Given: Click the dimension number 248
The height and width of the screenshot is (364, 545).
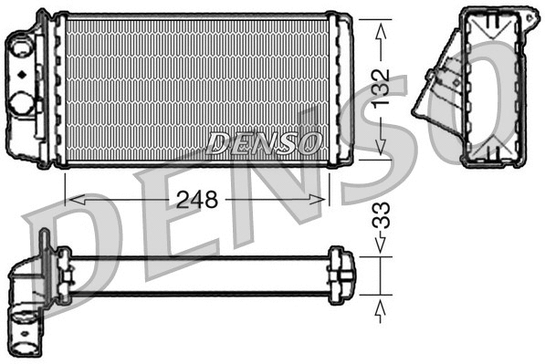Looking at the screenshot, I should coord(196,200).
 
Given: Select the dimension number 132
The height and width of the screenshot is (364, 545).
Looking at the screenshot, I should coord(383,88).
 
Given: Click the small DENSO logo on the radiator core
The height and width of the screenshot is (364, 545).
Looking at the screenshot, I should coord(265,143).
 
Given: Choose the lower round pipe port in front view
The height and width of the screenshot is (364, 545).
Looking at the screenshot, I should coord(23,102).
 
